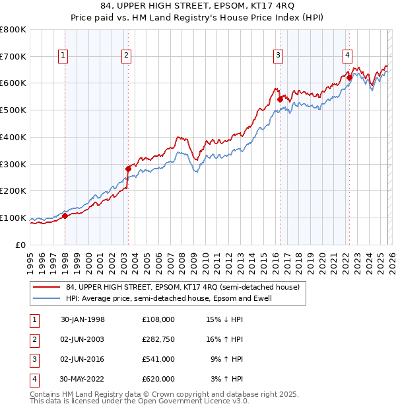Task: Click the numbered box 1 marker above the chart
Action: pos(63,56)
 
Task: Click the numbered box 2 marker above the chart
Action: pos(125,56)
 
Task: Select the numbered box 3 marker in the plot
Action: pos(279,56)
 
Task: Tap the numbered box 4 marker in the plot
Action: pos(347,56)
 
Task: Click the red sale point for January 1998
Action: pos(65,216)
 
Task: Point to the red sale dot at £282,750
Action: pos(128,169)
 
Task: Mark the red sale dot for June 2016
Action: pos(280,99)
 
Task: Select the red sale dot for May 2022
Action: pos(349,78)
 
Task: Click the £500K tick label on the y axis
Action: pos(13,110)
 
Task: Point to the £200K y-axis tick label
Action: pos(13,191)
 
